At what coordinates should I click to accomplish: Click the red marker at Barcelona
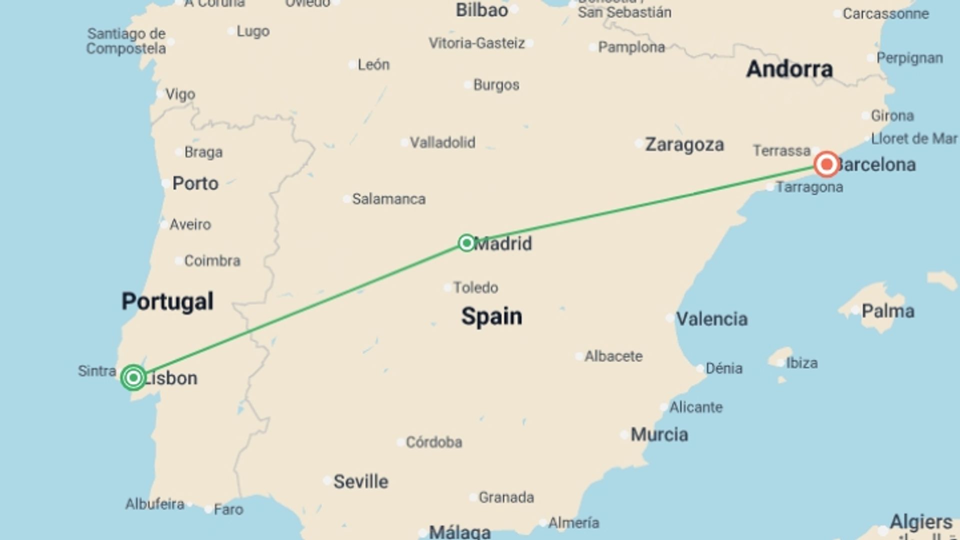826,164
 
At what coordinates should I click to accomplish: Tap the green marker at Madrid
466,243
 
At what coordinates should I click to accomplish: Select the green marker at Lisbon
133,377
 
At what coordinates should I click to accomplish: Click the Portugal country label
167,301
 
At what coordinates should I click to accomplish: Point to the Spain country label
491,316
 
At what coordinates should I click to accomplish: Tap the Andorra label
789,69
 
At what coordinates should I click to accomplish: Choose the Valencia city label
711,319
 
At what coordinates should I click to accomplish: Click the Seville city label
360,481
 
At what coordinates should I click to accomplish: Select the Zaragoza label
684,144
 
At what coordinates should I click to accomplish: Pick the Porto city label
195,183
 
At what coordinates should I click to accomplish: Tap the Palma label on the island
887,311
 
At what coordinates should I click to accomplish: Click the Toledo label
475,287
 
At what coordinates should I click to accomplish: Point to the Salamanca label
388,199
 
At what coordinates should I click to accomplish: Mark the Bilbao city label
481,10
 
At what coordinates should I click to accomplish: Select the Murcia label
659,434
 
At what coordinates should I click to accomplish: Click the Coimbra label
212,260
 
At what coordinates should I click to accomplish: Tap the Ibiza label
801,362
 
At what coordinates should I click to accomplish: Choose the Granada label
506,497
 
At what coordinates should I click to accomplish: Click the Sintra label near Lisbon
97,371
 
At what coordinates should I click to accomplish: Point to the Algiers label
920,522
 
